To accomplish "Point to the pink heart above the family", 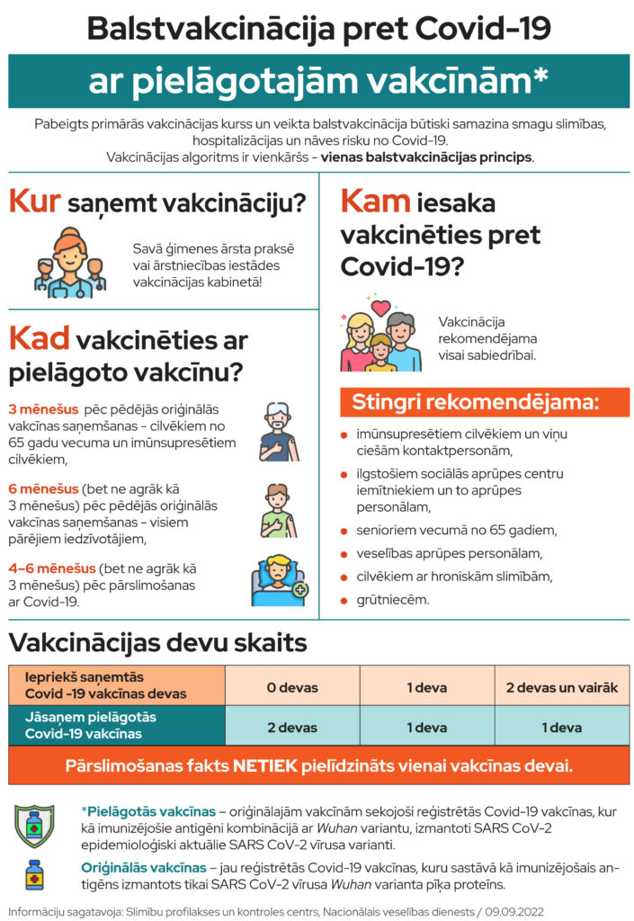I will pos(381,308).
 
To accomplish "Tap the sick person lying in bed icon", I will pos(279,580).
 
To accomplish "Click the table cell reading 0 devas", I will pos(291,687).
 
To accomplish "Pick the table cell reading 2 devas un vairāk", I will pos(561,687).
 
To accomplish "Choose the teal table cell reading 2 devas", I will pos(291,727).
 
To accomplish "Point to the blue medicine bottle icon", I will pos(34,874).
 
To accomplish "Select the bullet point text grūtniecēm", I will pos(384,599).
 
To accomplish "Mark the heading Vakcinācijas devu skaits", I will pos(158,643).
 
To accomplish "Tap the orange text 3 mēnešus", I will pos(43,408).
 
